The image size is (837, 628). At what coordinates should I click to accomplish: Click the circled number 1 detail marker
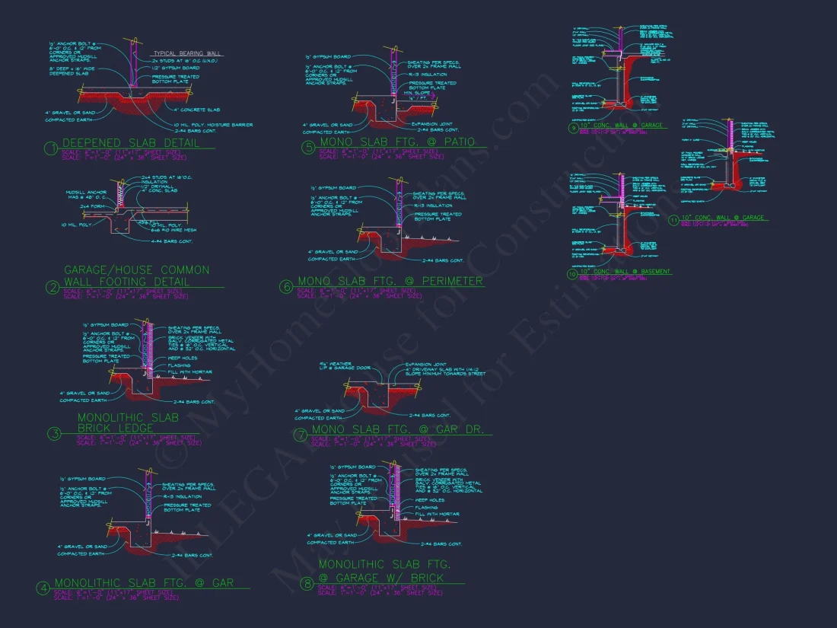(51, 148)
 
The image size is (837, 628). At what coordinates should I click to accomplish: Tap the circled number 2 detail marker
(53, 287)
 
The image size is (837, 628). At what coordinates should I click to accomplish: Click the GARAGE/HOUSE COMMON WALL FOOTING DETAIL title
(137, 276)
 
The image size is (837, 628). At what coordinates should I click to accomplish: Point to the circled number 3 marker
(54, 434)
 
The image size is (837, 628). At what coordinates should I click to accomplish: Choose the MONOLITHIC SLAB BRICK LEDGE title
(128, 423)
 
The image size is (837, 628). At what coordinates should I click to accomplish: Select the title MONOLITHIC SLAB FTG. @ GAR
(144, 583)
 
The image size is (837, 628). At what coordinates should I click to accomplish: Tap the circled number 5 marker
(308, 148)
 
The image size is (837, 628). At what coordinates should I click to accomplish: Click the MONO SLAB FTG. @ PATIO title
(397, 142)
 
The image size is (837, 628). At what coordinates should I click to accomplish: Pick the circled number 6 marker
(286, 287)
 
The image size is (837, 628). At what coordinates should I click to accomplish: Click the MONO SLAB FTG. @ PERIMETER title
(390, 282)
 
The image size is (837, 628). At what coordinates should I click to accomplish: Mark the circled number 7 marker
(301, 435)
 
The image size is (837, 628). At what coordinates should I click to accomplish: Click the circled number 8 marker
(307, 584)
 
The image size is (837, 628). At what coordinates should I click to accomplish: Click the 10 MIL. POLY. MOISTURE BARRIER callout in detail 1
(212, 124)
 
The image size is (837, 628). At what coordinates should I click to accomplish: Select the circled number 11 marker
(673, 221)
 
